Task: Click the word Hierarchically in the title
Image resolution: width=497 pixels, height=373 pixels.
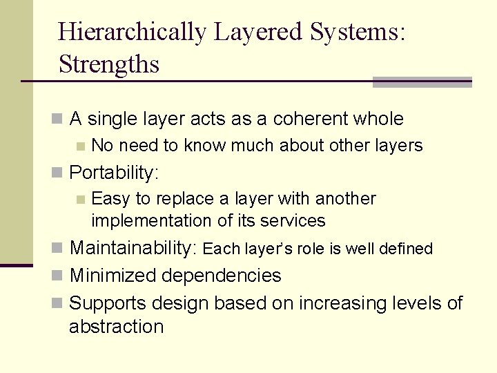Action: point(132,32)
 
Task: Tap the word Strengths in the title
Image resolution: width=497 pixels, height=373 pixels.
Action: point(108,64)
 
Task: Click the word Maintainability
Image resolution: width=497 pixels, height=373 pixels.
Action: point(134,248)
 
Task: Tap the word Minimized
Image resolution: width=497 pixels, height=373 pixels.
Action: point(113,276)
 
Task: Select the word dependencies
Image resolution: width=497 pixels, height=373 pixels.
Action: point(222,276)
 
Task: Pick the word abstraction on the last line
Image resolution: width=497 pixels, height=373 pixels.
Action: point(116,327)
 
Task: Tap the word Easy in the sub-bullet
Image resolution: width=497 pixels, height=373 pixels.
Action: point(110,199)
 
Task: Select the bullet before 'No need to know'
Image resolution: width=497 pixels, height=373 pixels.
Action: point(81,146)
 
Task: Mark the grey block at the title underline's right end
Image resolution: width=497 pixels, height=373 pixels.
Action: point(422,82)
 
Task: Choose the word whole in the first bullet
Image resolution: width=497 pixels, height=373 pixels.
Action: point(378,119)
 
